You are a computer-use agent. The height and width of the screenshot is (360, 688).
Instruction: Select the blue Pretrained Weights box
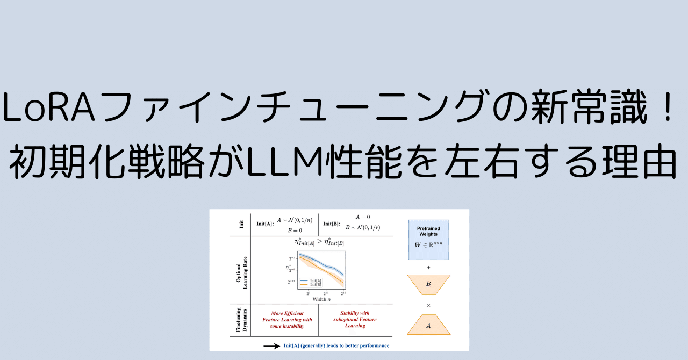click(x=428, y=240)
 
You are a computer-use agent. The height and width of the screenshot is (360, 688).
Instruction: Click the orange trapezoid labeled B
click(x=428, y=284)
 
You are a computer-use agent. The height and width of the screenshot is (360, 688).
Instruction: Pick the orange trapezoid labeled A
click(x=428, y=325)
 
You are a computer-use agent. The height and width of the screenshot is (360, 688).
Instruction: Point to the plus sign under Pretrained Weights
click(x=428, y=267)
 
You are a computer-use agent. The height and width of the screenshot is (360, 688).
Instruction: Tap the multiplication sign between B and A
click(x=428, y=305)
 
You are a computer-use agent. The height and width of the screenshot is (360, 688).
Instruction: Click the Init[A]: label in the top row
click(x=265, y=224)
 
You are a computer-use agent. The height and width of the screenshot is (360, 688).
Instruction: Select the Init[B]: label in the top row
click(x=332, y=224)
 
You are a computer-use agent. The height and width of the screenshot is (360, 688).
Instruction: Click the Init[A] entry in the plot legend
click(x=316, y=280)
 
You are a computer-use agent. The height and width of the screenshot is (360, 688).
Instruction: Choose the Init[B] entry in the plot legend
click(x=316, y=284)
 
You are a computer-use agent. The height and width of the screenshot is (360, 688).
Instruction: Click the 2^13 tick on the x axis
click(x=343, y=293)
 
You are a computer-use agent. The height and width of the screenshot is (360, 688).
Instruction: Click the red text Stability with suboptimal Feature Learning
click(x=355, y=319)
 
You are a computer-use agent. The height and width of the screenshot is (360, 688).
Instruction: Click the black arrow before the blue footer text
click(x=271, y=345)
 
